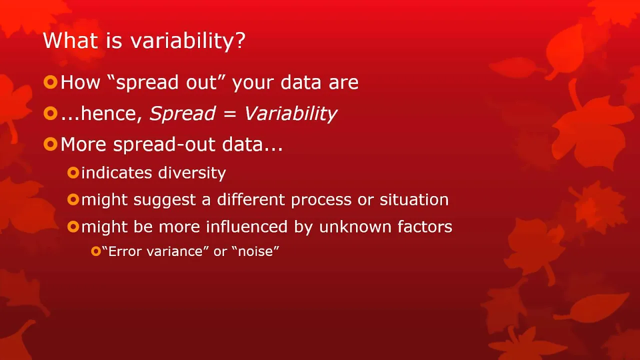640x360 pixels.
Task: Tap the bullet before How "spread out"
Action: click(50, 82)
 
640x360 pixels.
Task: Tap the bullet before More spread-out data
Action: click(50, 144)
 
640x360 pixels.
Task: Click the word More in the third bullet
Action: click(83, 144)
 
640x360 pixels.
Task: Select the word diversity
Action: click(192, 173)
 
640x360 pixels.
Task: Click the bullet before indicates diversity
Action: click(73, 172)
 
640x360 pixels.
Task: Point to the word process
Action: click(321, 199)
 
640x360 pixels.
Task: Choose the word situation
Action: click(414, 199)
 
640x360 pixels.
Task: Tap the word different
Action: click(251, 199)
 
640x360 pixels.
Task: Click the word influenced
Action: click(246, 226)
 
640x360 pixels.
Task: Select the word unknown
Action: click(355, 226)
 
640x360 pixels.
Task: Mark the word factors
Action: click(425, 226)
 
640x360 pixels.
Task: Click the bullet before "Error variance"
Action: click(95, 251)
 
